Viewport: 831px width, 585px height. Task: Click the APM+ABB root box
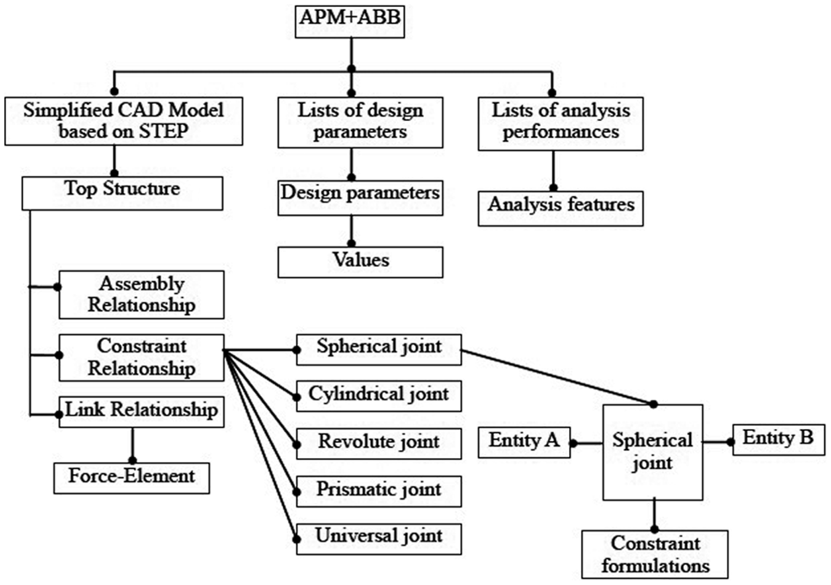coord(350,21)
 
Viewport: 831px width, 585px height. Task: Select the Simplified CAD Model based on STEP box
coord(124,121)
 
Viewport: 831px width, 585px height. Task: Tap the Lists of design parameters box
coord(360,123)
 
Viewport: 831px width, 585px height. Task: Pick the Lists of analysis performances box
coord(560,124)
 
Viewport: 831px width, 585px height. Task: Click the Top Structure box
coord(122,193)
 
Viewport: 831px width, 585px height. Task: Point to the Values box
coord(360,262)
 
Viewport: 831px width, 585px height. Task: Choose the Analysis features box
coord(560,208)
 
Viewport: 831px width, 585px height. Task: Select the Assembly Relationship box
coord(141,295)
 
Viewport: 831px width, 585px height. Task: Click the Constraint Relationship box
coord(141,358)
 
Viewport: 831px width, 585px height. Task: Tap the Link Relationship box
coord(141,412)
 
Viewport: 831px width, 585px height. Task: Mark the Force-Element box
coord(132,478)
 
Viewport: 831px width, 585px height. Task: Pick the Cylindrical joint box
coord(379,396)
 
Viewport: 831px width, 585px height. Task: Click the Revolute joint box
coord(379,444)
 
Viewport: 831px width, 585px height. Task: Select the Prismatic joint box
coord(379,492)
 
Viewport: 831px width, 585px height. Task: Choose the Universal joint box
coord(379,539)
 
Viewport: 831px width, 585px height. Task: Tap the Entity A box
coord(524,442)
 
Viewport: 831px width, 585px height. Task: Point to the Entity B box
coord(779,440)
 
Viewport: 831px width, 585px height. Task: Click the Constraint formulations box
coord(655,554)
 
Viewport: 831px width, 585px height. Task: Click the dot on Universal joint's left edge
coord(296,539)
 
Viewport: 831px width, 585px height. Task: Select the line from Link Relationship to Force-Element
coord(132,444)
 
